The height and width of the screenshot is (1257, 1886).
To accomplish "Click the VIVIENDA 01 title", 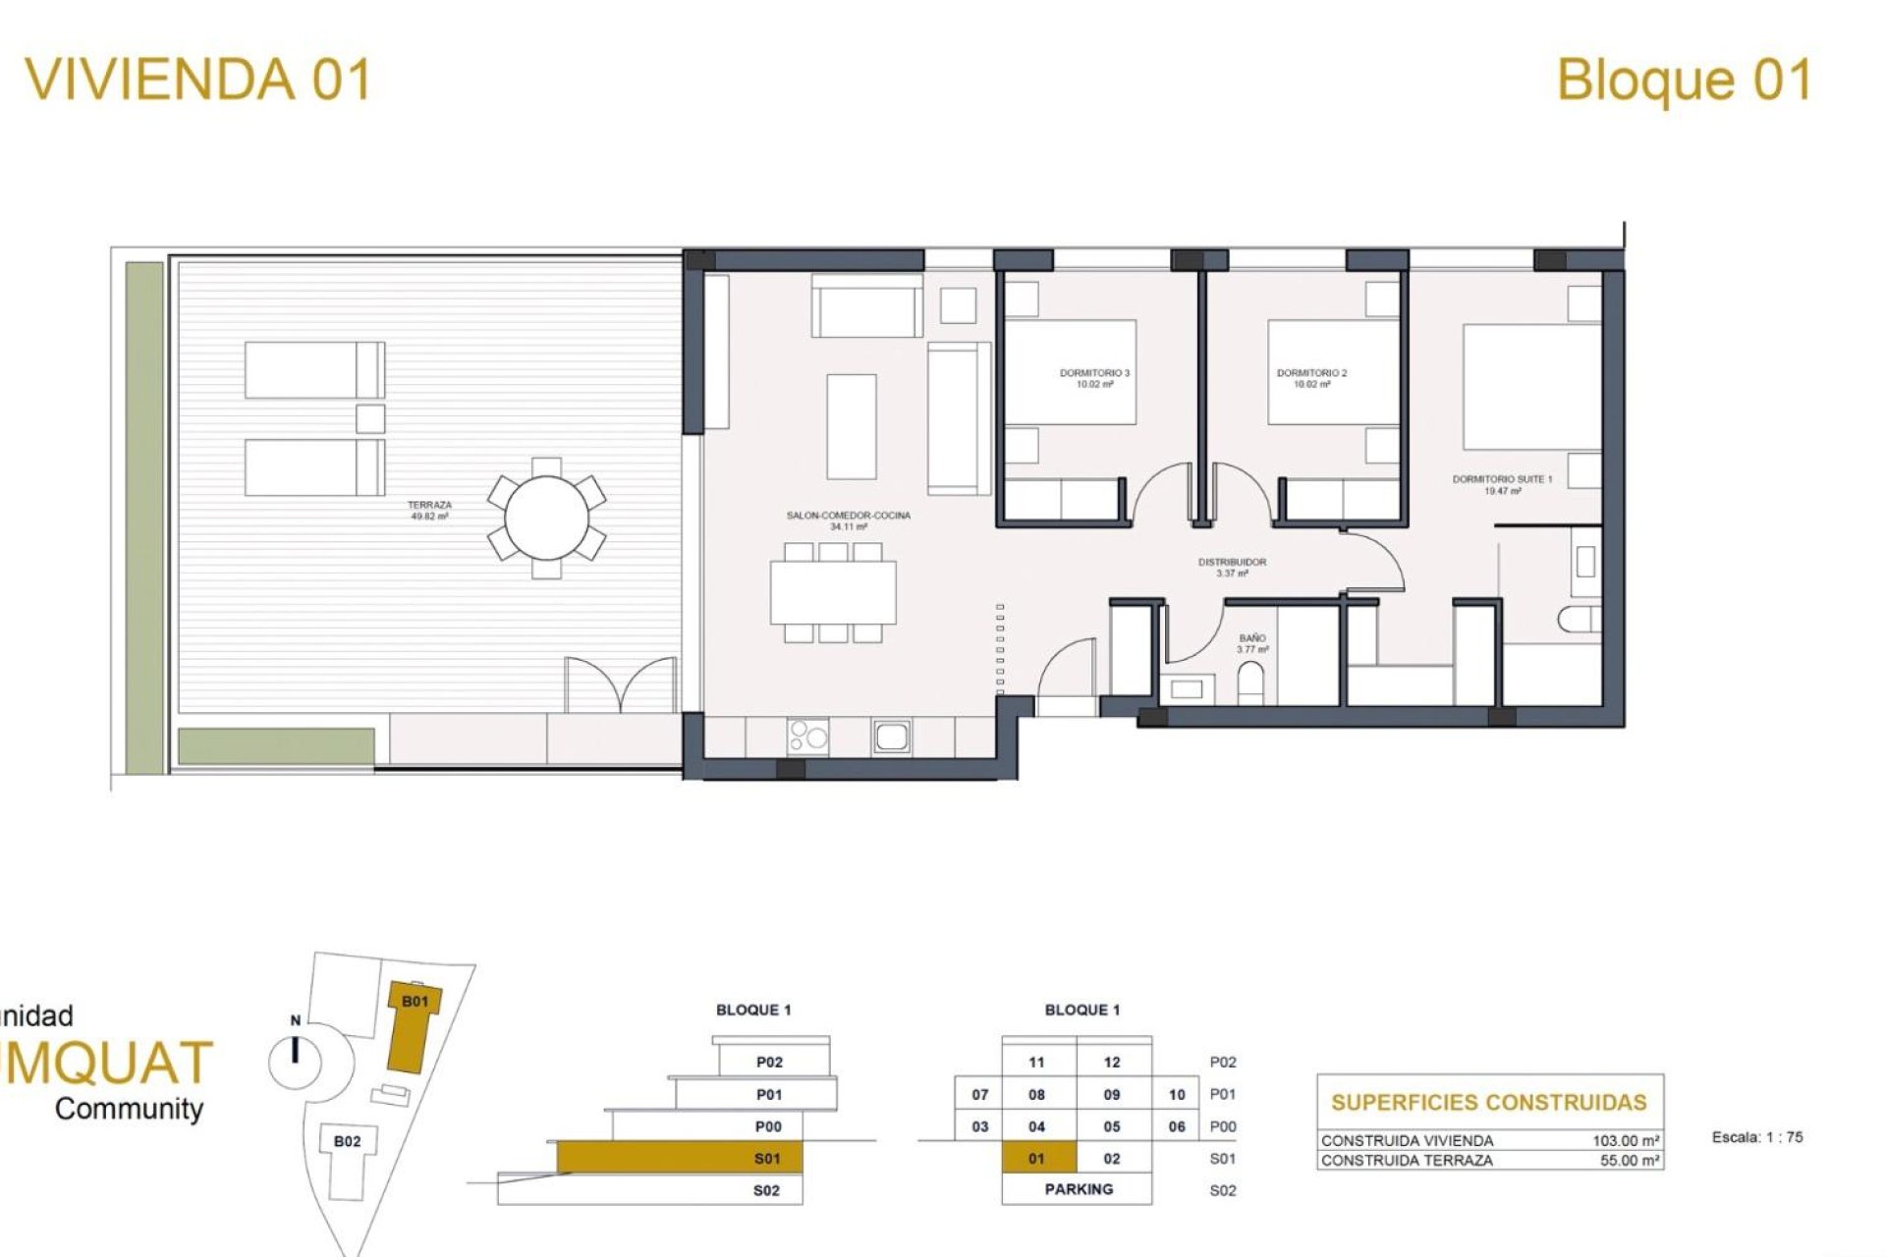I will point(198,80).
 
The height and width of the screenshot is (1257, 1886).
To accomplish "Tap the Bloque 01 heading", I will point(1684,80).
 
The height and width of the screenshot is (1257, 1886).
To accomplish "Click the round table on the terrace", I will point(547,518).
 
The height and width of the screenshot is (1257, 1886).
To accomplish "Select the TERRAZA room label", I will point(429,510).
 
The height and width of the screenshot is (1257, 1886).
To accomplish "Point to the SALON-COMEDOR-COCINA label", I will point(848,520).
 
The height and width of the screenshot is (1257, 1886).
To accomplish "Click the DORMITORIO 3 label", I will point(1094,378).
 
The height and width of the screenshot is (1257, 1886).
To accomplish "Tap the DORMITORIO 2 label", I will point(1311,378).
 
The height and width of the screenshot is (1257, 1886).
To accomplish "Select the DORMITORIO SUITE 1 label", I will point(1502,484).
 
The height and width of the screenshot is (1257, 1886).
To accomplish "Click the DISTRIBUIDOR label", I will point(1232,567).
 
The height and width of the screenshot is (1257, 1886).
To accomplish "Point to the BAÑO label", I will point(1252,643).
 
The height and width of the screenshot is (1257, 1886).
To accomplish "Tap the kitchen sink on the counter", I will point(891,737).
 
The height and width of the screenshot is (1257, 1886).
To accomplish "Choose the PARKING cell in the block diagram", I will point(1078,1189).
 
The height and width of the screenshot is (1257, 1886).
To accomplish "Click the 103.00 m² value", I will point(1626,1141).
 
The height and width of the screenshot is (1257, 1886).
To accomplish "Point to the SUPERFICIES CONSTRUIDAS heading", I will point(1488,1102).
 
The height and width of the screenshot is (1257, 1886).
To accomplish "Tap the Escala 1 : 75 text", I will point(1756,1137).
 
